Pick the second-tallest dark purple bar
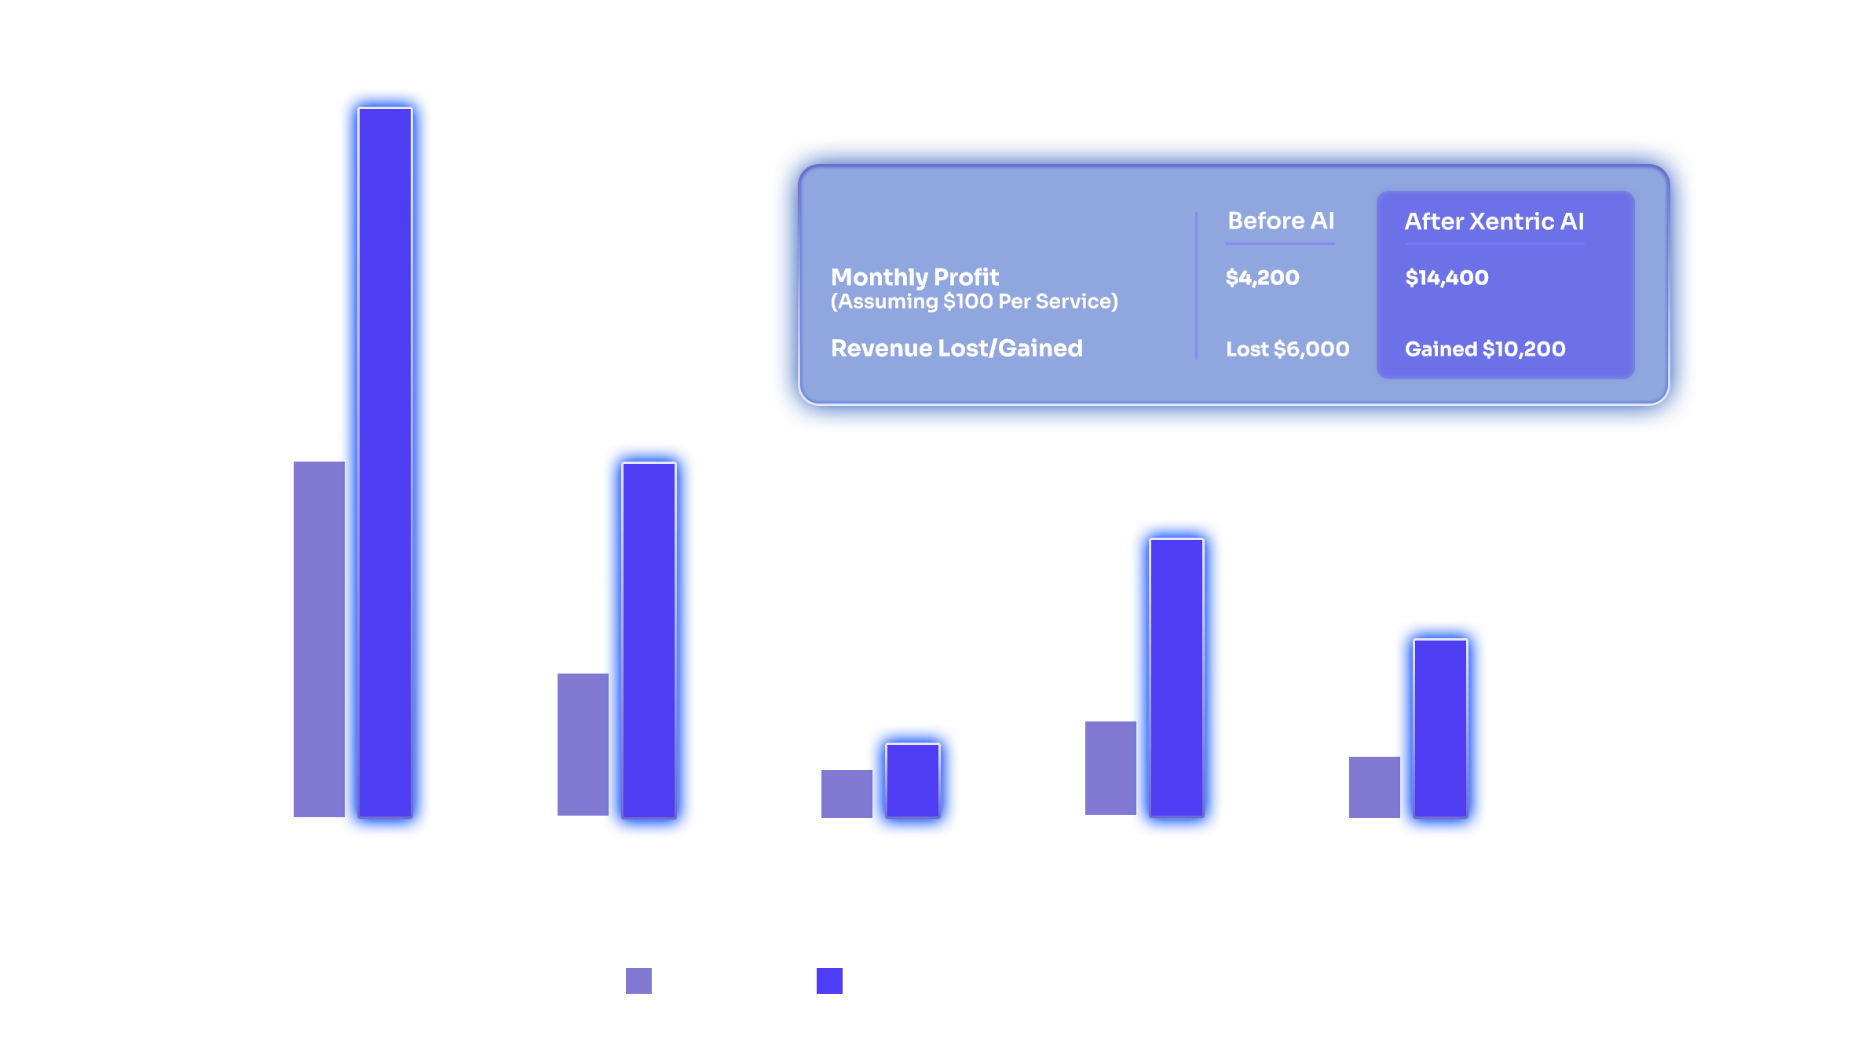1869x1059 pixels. coord(649,639)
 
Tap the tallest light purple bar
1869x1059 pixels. coord(318,639)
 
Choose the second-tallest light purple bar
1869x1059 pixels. coord(582,744)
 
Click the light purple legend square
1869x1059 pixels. coord(638,980)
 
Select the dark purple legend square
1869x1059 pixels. coord(829,980)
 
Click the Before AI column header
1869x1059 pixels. coord(1280,221)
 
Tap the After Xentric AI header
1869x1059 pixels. coord(1494,221)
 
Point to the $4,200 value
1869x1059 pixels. coord(1262,277)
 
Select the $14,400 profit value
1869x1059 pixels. coord(1447,277)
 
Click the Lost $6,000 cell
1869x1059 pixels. coord(1287,349)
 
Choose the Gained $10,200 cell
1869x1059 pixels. coord(1484,349)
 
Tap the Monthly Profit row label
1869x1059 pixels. coord(914,277)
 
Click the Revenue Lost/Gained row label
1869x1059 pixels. coord(956,348)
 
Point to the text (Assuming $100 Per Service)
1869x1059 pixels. coord(974,301)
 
